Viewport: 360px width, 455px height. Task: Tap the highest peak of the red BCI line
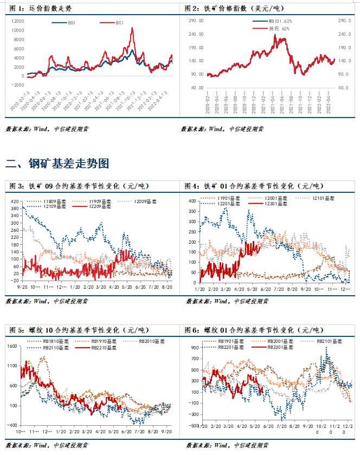(132, 28)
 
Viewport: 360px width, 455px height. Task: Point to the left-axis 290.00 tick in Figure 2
(196, 21)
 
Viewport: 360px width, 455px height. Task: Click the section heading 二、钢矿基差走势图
(58, 162)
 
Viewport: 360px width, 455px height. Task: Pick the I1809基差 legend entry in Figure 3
(52, 201)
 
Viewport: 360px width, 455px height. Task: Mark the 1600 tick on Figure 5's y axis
(12, 346)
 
